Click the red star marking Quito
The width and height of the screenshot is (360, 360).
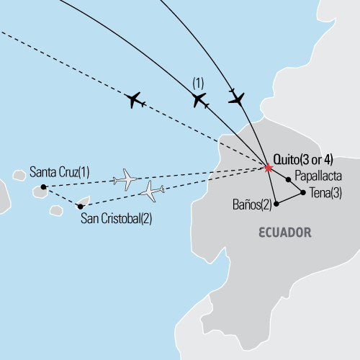point(268,168)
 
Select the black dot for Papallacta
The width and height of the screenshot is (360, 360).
point(288,179)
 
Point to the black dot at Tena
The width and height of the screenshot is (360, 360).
point(302,192)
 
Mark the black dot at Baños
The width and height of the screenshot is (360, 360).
point(275,204)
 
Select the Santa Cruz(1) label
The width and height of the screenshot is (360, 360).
point(60,173)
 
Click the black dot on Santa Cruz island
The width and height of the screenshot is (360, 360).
point(43,187)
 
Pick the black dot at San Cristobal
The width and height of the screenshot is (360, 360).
point(80,207)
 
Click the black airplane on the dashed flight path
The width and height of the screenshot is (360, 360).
point(135,100)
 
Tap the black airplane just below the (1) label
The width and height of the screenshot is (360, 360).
point(200,101)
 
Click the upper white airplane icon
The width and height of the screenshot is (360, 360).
point(127,179)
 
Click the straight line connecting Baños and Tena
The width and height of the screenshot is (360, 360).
point(289,198)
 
